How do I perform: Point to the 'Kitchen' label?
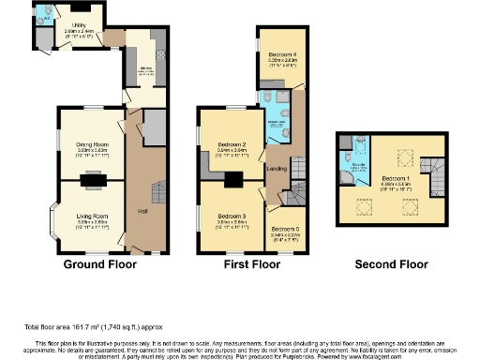146,68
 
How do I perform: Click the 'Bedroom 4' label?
281,53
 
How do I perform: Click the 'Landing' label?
277,168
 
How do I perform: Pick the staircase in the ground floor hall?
157,192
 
